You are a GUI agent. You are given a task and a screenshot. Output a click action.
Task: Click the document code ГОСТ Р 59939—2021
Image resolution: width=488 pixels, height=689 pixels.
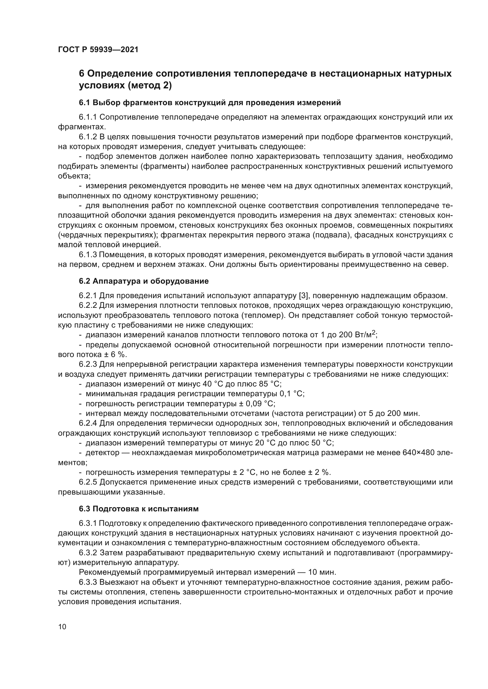(98, 50)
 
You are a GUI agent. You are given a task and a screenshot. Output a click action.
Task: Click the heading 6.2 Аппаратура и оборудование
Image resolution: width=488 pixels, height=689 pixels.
(144, 281)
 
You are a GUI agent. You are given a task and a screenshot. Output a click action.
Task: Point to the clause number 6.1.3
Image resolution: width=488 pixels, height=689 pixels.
(88, 255)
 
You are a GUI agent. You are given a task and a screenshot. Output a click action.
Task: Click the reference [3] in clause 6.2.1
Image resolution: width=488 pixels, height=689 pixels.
(304, 295)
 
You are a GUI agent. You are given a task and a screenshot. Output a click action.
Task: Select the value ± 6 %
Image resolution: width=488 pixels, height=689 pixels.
(114, 354)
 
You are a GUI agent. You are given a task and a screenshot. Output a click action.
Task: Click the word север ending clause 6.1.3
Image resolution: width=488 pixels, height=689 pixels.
(436, 265)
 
